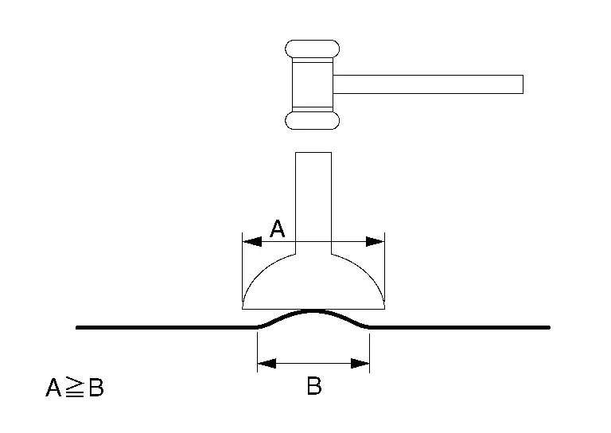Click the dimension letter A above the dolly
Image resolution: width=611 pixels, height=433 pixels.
point(278,228)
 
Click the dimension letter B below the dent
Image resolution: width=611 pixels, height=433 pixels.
point(314,386)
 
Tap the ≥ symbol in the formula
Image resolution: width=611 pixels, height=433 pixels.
point(75,387)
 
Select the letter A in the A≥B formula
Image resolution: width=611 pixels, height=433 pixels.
point(53,388)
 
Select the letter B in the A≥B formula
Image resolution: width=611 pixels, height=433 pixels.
point(96,388)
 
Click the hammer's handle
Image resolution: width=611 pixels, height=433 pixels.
point(428,84)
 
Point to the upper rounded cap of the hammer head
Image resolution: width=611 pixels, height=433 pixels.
point(312,49)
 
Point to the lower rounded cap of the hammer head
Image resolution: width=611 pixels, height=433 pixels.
point(312,120)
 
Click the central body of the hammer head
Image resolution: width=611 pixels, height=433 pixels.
point(313,84)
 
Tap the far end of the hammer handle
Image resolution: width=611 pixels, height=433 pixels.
point(523,84)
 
